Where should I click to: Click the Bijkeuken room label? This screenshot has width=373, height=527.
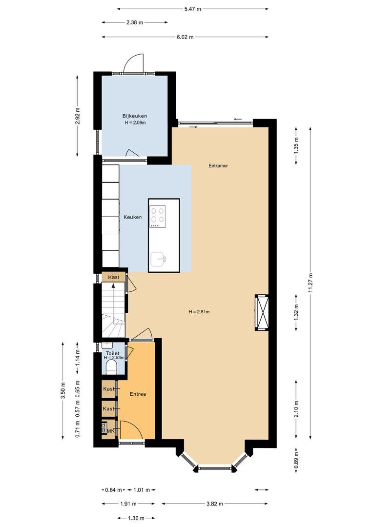coord(135,116)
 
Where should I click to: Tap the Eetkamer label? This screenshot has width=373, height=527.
coord(218,166)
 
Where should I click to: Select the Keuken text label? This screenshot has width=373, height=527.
coord(132,217)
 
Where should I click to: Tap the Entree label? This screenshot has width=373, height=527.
coord(138,394)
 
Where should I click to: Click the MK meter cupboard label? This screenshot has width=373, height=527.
coord(111,430)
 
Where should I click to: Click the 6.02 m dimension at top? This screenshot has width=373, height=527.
coord(185,37)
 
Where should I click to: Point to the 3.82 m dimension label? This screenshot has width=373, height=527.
coord(215,504)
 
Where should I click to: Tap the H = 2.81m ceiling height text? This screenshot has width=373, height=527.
coord(199,312)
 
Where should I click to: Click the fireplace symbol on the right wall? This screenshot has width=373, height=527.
coord(261,313)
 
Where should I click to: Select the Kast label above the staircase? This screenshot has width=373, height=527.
coord(114,277)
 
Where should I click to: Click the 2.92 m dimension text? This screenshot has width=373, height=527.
coord(78,116)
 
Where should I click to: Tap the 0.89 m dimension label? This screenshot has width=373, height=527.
coord(296,461)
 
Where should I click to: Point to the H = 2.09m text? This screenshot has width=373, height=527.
coord(135,122)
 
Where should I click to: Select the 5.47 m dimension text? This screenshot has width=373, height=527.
coord(193,9)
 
